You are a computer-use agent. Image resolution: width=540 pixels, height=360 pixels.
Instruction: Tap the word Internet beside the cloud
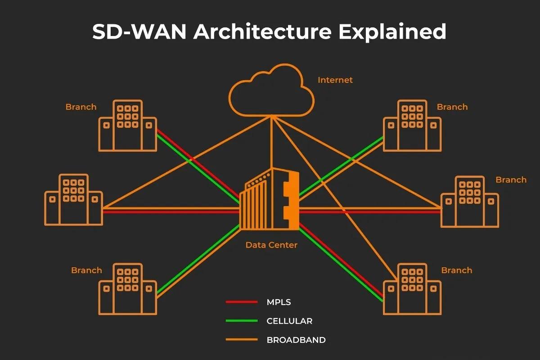(335, 80)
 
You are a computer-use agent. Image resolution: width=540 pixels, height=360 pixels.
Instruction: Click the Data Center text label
(271, 245)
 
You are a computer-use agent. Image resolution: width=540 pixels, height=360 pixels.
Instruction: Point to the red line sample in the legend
(242, 302)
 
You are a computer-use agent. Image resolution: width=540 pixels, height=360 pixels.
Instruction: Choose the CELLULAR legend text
(289, 321)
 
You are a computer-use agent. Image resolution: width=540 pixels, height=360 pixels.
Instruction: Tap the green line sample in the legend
(242, 321)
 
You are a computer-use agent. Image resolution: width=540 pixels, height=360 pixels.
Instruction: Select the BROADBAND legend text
(296, 340)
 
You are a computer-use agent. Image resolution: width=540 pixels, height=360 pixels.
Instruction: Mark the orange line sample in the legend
(242, 340)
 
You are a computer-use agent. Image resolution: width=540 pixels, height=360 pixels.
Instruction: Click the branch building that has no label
(73, 200)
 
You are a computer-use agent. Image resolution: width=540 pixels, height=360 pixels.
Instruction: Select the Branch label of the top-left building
(81, 107)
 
